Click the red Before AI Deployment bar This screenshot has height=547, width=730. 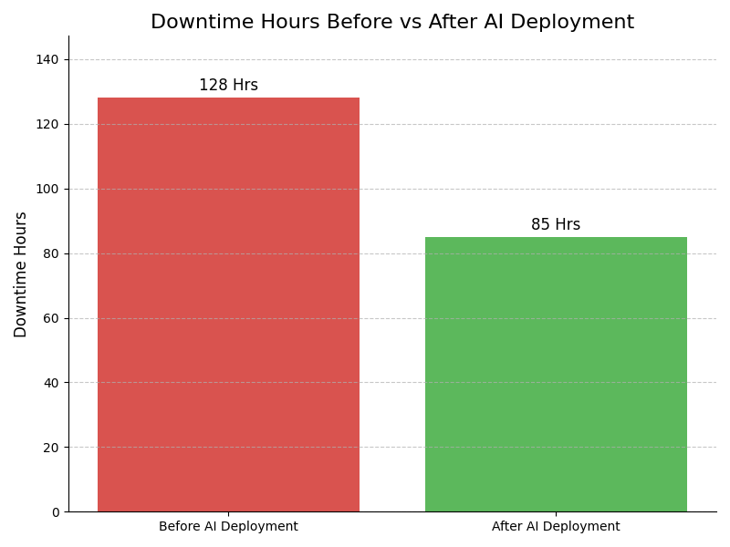228,304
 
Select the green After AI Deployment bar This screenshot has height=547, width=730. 556,374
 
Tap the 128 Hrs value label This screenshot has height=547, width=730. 228,86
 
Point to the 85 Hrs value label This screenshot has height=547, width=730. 556,225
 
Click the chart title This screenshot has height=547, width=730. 392,23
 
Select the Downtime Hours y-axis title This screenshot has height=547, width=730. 21,274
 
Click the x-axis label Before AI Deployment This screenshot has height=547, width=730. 228,527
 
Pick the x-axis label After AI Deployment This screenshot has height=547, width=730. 556,527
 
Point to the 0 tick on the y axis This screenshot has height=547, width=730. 55,512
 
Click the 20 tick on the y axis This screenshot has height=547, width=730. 52,448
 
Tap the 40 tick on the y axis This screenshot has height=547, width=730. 52,383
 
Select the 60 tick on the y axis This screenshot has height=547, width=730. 52,318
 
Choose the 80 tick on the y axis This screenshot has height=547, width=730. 52,253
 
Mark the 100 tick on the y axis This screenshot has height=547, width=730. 48,189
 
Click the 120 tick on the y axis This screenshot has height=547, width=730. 48,124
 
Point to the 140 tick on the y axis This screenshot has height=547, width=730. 48,59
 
